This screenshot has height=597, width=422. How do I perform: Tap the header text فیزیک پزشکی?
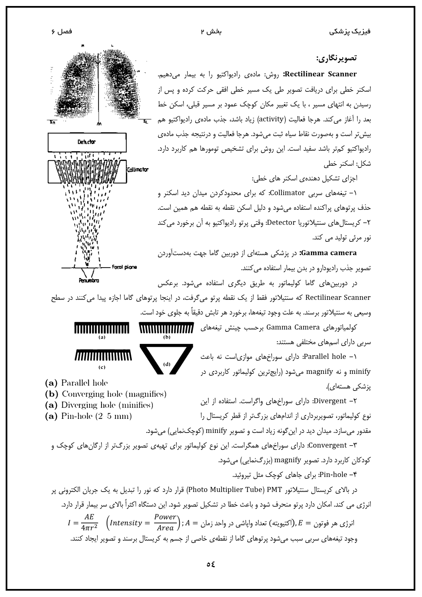(x=350, y=32)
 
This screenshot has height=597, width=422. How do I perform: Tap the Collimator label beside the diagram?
(x=137, y=170)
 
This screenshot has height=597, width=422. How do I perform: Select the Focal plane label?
(x=124, y=267)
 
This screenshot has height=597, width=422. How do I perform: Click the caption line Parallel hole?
(x=76, y=383)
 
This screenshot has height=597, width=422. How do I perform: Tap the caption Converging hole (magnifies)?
(x=106, y=394)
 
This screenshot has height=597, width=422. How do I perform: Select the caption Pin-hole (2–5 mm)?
(x=88, y=417)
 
